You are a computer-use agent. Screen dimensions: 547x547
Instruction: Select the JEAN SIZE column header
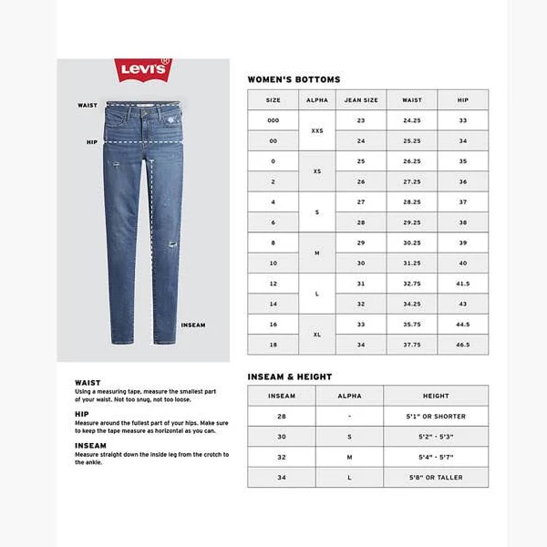click(361, 99)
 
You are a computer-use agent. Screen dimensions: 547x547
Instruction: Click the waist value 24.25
click(412, 120)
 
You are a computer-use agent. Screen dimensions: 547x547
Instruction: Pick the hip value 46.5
click(463, 346)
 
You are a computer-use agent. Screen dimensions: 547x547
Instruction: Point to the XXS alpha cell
click(317, 130)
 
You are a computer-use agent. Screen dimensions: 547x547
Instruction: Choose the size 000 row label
click(273, 120)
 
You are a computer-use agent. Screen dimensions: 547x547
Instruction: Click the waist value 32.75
click(412, 284)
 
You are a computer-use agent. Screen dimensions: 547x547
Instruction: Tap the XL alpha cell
click(317, 335)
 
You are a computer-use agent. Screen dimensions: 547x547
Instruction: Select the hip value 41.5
click(463, 284)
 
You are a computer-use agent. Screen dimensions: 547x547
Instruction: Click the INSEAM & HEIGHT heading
click(290, 377)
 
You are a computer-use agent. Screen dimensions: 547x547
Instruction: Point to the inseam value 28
click(281, 416)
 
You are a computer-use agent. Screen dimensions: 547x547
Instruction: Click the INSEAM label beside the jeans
click(193, 325)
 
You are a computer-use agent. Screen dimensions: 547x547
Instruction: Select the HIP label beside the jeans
click(91, 142)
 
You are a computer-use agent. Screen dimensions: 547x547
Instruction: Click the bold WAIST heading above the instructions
click(88, 383)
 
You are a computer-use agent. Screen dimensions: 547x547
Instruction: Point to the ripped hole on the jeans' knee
click(169, 247)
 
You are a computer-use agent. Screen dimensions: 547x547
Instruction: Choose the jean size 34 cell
click(361, 346)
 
